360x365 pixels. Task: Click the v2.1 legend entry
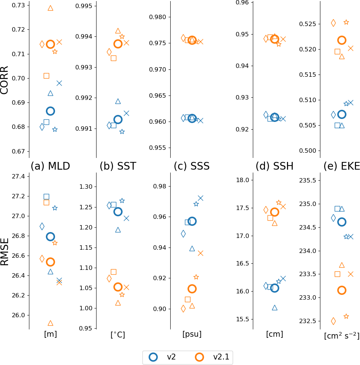209,357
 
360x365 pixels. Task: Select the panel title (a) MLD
50,166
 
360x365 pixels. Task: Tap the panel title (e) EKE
342,166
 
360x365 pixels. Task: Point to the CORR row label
5,80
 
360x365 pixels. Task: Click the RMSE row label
5,252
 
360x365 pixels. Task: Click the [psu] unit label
192,334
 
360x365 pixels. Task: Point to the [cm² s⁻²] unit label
342,336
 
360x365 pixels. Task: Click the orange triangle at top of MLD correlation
50,8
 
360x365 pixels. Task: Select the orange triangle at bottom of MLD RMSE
50,323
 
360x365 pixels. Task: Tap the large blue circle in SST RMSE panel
118,212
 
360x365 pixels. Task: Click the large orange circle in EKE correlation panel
342,40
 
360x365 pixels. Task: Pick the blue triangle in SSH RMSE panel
274,308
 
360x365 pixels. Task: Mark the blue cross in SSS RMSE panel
200,198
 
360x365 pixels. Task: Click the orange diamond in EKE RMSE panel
333,321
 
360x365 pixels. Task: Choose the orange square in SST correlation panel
113,58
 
